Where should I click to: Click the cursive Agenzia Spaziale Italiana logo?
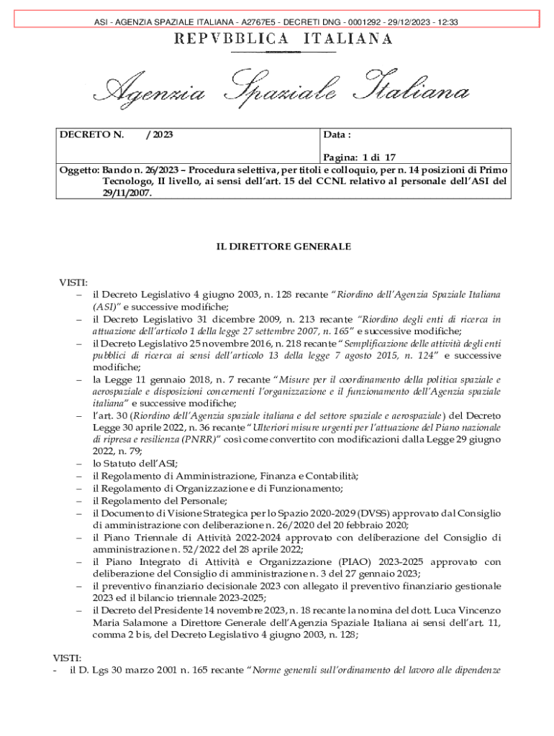coord(285,90)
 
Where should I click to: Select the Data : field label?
coord(337,134)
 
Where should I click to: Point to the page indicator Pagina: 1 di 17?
coord(359,156)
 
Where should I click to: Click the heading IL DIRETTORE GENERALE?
coord(283,247)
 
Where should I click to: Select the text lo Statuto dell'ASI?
coord(135,463)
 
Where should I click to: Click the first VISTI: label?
coord(73,282)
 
